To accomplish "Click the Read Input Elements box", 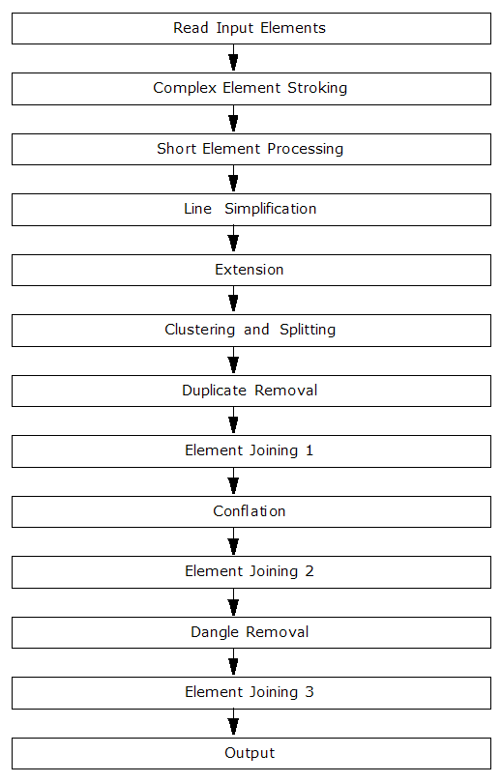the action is pyautogui.click(x=251, y=28).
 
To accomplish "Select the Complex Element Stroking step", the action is pyautogui.click(x=251, y=89).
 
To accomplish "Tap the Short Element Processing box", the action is pyautogui.click(x=251, y=149).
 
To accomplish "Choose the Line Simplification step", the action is pyautogui.click(x=251, y=210).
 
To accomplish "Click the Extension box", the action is pyautogui.click(x=251, y=270).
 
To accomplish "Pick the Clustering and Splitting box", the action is pyautogui.click(x=251, y=331).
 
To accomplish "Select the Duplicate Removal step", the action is pyautogui.click(x=251, y=391).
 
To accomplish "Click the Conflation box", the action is pyautogui.click(x=251, y=511).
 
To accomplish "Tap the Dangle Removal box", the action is pyautogui.click(x=251, y=633).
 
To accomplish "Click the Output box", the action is pyautogui.click(x=251, y=754).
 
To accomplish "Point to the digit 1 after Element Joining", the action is pyautogui.click(x=309, y=450).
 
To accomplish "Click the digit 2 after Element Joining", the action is pyautogui.click(x=309, y=571).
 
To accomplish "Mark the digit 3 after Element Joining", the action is pyautogui.click(x=309, y=692).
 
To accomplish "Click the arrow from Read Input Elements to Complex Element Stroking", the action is pyautogui.click(x=233, y=58).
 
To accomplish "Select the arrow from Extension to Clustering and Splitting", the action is pyautogui.click(x=233, y=300).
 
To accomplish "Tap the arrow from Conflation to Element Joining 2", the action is pyautogui.click(x=233, y=541).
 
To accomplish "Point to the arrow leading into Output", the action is pyautogui.click(x=233, y=723).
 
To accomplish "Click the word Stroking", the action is pyautogui.click(x=317, y=88).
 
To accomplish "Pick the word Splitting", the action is pyautogui.click(x=308, y=330).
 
